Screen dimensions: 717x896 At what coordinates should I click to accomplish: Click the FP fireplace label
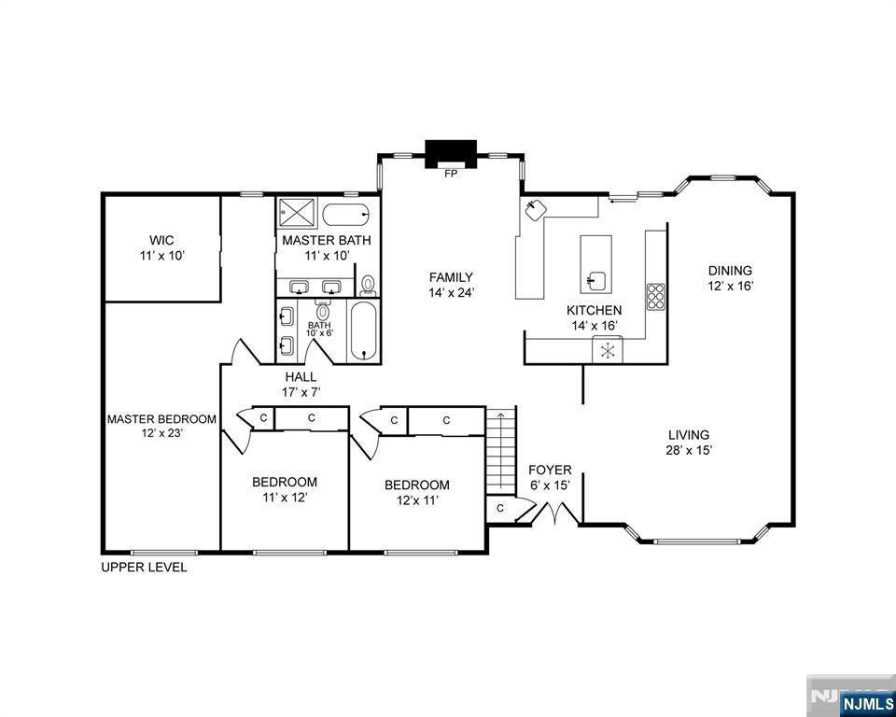(451, 174)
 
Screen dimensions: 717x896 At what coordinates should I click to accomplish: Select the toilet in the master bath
(368, 284)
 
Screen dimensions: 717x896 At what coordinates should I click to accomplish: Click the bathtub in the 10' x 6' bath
(364, 331)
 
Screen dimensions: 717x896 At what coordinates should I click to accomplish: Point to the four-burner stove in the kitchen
(655, 296)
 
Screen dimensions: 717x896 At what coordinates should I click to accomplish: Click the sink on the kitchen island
(595, 278)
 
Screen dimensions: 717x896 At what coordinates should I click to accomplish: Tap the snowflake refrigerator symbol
(608, 351)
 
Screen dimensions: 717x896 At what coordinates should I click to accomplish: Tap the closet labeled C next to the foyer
(500, 508)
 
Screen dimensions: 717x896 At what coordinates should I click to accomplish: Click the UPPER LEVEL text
(144, 567)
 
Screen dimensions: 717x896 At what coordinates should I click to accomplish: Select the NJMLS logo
(866, 702)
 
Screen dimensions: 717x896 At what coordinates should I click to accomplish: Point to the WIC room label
(161, 240)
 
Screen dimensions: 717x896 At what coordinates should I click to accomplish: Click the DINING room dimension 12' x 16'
(729, 286)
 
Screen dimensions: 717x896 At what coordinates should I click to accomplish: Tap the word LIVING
(689, 434)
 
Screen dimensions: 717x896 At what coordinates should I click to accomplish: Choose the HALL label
(301, 376)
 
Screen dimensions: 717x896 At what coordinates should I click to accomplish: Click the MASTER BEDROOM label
(161, 419)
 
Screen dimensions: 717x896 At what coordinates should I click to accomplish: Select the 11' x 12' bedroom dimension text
(285, 497)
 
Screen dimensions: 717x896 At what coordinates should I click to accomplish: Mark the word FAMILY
(451, 276)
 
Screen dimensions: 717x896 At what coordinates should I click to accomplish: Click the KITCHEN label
(595, 310)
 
